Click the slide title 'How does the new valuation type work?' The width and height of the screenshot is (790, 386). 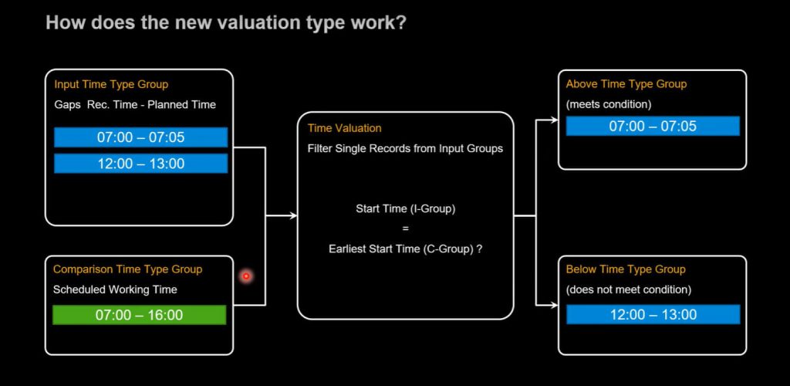(x=226, y=22)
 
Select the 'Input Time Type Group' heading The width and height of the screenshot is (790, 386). (x=111, y=84)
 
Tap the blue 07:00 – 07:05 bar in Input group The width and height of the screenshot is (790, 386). (x=141, y=137)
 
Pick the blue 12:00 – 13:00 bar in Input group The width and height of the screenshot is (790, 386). (x=141, y=163)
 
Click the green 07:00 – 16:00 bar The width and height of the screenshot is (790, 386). (x=139, y=315)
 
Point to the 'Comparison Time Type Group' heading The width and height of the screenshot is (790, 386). (x=128, y=269)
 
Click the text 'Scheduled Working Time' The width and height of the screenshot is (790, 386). (x=116, y=289)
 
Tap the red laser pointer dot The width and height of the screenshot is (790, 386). (x=246, y=276)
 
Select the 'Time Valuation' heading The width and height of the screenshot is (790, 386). (x=345, y=128)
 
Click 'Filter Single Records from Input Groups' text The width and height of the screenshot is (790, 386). (x=405, y=149)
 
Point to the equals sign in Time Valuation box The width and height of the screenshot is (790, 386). (x=406, y=229)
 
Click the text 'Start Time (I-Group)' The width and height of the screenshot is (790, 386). (x=406, y=208)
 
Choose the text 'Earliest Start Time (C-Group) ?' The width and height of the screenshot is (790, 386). (x=406, y=249)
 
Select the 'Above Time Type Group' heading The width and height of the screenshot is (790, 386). (x=626, y=84)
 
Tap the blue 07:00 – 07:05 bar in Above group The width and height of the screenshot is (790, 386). (x=653, y=126)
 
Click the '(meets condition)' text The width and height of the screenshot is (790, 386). (x=609, y=104)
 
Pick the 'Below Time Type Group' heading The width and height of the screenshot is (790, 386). (x=626, y=269)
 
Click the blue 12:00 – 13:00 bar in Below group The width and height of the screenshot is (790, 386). (x=653, y=314)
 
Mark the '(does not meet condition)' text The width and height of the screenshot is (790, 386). (x=628, y=289)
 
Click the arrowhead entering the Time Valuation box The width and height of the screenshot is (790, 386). (x=293, y=216)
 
